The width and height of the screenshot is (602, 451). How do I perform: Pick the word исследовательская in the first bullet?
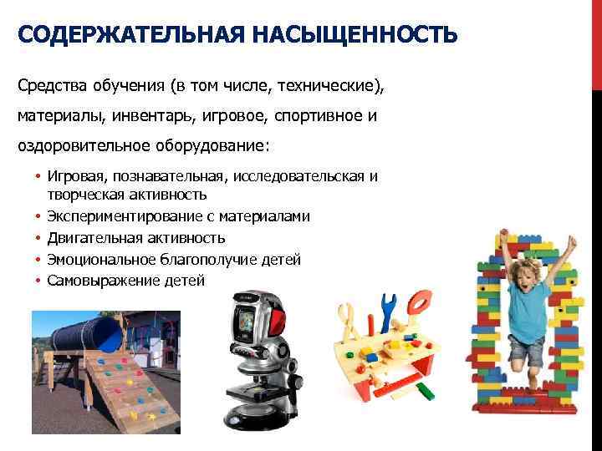coord(304,176)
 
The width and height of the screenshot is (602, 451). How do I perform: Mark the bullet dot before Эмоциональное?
coord(38,260)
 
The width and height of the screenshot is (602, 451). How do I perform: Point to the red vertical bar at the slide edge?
coord(597,42)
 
